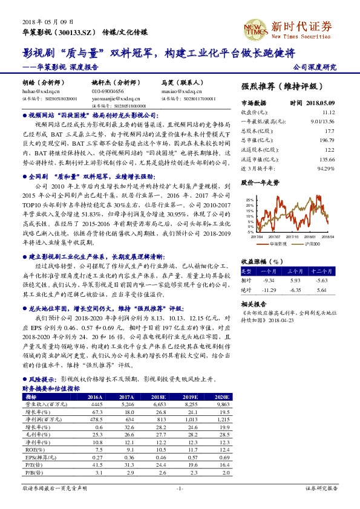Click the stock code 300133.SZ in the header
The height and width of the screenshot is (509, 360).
[74, 30]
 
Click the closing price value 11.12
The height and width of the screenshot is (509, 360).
[329, 112]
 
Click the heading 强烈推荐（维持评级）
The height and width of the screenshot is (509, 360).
[281, 86]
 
